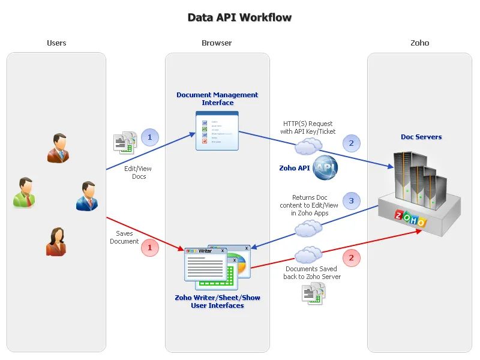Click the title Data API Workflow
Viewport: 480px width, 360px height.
(239, 17)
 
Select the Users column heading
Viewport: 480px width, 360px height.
(56, 43)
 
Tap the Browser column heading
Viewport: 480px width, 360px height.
(217, 43)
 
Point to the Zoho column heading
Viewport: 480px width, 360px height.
(419, 43)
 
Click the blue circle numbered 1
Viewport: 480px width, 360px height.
(150, 137)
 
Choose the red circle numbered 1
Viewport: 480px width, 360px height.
(150, 247)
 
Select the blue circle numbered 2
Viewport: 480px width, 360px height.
(352, 143)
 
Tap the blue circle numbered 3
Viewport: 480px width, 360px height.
(352, 200)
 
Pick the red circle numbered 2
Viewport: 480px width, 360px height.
(352, 258)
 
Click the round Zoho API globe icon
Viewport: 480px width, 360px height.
(325, 168)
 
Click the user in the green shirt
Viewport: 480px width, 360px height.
(23, 193)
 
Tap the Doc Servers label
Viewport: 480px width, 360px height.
(421, 137)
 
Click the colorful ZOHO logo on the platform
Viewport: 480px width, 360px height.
(410, 218)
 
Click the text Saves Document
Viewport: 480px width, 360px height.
(124, 237)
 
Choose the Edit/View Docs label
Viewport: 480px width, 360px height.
(139, 173)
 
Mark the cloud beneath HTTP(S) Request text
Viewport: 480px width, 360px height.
(308, 146)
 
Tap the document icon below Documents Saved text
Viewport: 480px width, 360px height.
(313, 293)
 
